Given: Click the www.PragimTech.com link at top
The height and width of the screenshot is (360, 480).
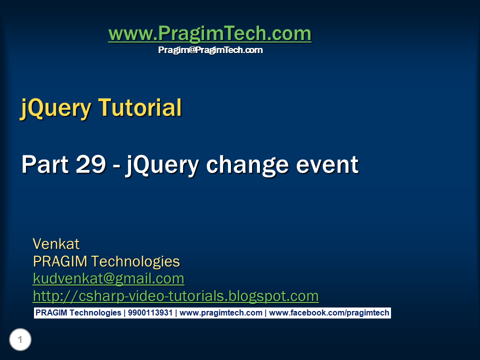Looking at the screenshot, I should [x=209, y=34].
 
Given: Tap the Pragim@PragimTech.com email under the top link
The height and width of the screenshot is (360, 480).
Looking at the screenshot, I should [x=210, y=50].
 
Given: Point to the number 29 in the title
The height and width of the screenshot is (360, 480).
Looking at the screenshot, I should [x=89, y=164].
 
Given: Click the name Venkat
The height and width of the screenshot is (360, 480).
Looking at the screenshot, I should [x=56, y=244].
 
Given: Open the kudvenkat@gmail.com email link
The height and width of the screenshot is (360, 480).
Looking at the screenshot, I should [x=108, y=278].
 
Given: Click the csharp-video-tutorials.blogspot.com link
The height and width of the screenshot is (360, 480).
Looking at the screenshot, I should [x=175, y=296].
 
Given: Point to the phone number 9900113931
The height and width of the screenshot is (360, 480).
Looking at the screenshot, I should [x=149, y=313].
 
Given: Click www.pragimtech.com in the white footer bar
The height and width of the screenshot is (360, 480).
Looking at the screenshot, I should [x=221, y=313].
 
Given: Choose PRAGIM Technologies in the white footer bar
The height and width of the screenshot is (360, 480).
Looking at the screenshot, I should [x=78, y=313].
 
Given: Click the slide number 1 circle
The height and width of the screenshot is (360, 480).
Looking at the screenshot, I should [x=20, y=340].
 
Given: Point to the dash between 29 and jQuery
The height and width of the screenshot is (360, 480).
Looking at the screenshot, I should [x=116, y=166].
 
